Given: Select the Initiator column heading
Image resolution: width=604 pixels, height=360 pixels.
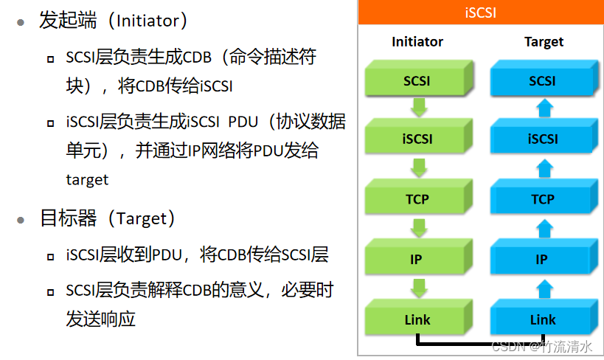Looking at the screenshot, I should (x=417, y=42).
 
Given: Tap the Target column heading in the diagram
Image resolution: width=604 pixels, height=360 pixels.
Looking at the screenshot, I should (x=544, y=42).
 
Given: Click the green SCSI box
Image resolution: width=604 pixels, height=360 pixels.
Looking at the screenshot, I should (x=417, y=80).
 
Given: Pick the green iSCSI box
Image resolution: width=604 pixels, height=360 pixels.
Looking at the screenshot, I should (x=417, y=139).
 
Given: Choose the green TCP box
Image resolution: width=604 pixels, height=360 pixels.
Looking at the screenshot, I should (x=417, y=199).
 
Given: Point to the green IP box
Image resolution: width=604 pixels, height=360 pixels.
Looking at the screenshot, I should (x=417, y=260).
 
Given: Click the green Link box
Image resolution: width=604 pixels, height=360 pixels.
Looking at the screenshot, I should (x=417, y=319).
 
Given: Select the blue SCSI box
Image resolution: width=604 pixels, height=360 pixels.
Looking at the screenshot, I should (x=543, y=80).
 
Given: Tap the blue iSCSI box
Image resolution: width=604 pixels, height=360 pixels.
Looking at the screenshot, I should (x=543, y=139).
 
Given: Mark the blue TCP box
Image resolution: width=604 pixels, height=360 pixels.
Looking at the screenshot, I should (x=543, y=199).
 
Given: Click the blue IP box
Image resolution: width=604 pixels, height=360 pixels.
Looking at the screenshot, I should (x=543, y=260).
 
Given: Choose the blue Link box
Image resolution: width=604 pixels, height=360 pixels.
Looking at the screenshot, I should (x=543, y=319).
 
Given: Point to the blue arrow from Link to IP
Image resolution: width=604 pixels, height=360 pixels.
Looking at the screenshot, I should (x=544, y=288).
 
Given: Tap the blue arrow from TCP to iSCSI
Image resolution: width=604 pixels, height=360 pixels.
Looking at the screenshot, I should (x=544, y=169).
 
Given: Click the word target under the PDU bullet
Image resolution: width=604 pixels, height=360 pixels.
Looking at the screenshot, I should (x=87, y=180).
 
